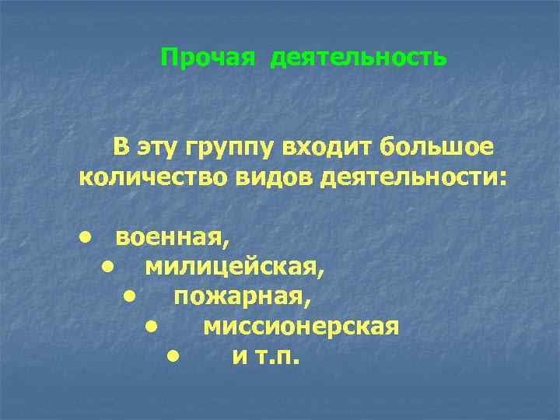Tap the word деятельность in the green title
click(359, 58)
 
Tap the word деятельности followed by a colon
click(411, 177)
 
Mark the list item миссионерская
click(301, 327)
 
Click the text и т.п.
click(265, 358)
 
